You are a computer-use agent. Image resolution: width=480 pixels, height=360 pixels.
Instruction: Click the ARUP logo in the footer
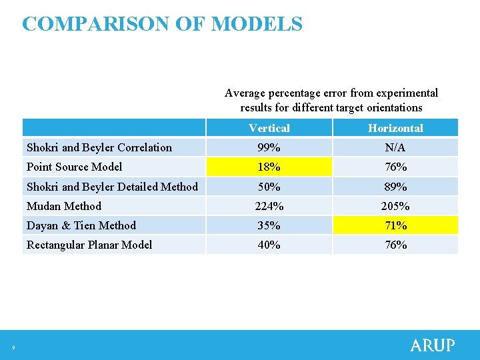coord(433,345)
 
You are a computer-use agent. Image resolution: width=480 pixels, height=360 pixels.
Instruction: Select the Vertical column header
coord(269,128)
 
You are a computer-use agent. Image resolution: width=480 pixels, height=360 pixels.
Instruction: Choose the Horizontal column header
coord(395,128)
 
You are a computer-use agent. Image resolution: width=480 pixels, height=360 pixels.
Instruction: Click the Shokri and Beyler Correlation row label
coord(99,147)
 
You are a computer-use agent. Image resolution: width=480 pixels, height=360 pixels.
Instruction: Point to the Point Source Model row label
coord(74,167)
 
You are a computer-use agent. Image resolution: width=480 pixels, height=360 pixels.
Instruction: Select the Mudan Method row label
coord(64,206)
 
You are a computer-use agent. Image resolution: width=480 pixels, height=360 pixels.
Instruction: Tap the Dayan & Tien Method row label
coord(81,225)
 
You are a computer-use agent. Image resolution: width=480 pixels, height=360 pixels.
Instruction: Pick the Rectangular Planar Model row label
coord(89,245)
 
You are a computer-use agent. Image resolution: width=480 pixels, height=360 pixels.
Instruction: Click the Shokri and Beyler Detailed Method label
coord(112,187)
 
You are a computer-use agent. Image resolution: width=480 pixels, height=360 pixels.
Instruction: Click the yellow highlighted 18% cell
coord(269,167)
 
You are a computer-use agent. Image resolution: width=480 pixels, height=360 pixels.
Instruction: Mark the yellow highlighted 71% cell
coord(395,225)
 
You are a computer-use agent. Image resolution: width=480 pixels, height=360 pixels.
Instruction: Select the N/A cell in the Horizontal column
coord(395,147)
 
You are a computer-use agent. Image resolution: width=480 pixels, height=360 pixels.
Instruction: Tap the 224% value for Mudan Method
coord(269,206)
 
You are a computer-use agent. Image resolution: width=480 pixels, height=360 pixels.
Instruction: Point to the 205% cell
coord(395,206)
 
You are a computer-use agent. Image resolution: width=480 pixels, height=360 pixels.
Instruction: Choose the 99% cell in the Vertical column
coord(269,147)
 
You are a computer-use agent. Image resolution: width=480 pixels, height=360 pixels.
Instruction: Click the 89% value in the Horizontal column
coord(395,187)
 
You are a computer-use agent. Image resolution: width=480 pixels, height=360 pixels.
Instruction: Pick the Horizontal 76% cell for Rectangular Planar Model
coord(395,245)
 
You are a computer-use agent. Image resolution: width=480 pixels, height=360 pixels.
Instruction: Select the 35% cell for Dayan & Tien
coord(269,225)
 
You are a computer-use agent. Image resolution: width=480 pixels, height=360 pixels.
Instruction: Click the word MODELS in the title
coord(257,24)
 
